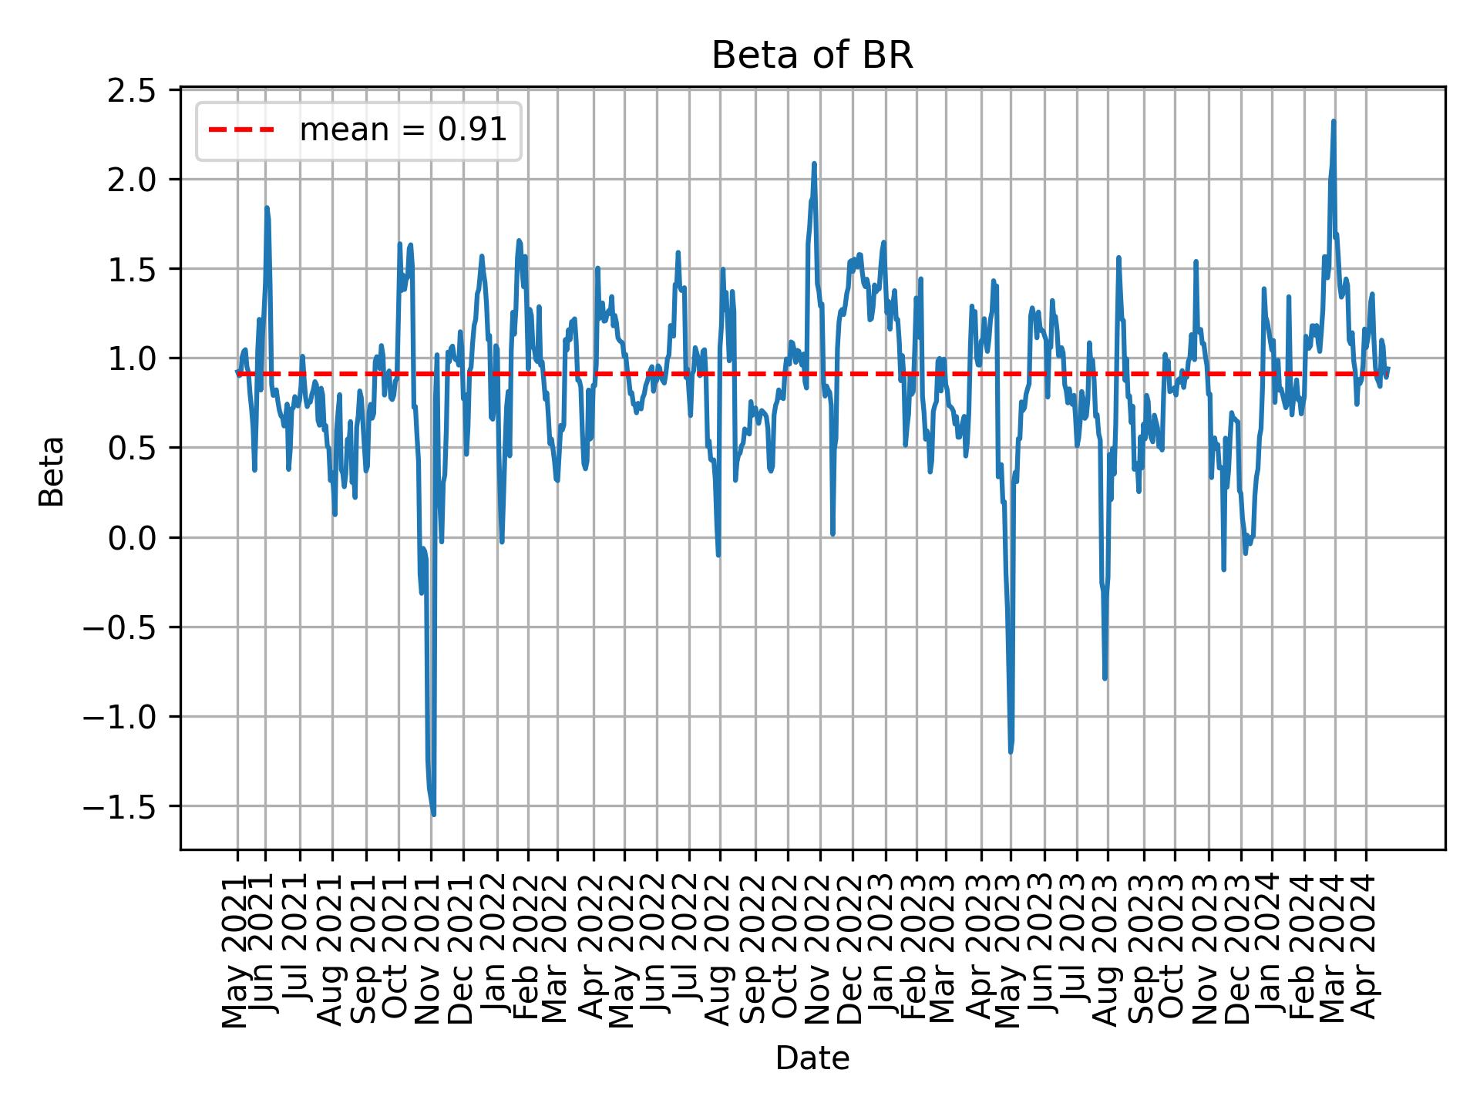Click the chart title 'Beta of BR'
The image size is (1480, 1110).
tap(812, 55)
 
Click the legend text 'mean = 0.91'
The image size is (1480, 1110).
tap(403, 130)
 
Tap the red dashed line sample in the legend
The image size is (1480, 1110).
tap(241, 130)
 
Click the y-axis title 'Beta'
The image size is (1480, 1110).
tap(52, 471)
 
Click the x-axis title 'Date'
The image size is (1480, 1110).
tap(812, 1059)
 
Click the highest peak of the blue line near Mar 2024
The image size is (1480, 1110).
tap(1334, 121)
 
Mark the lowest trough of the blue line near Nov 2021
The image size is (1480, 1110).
tap(434, 814)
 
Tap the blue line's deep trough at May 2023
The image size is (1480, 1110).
tap(1011, 752)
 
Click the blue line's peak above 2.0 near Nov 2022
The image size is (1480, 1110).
tap(814, 163)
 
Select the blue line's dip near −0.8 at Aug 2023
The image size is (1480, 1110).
tap(1105, 678)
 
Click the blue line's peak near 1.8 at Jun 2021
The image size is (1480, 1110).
tap(267, 207)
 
